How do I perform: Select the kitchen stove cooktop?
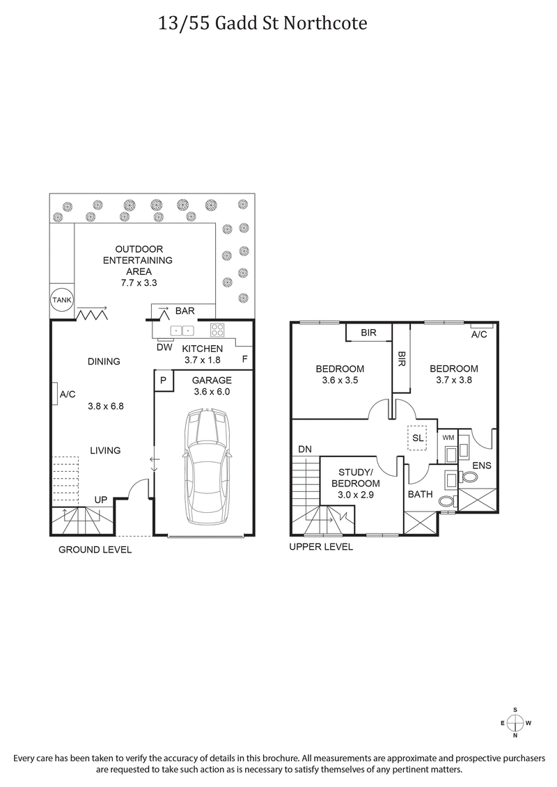(218, 331)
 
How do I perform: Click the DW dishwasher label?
(164, 347)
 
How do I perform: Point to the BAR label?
(185, 311)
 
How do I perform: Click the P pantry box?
(163, 381)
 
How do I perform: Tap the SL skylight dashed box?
(418, 438)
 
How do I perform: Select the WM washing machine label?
(448, 438)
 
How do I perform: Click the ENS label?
(482, 465)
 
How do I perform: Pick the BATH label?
(421, 495)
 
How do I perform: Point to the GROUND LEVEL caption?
(95, 550)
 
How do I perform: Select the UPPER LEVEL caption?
(321, 547)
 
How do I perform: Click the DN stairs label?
(305, 450)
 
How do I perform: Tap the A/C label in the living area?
(68, 395)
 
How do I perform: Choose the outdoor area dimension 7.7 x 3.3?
(139, 283)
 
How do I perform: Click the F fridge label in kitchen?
(244, 359)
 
